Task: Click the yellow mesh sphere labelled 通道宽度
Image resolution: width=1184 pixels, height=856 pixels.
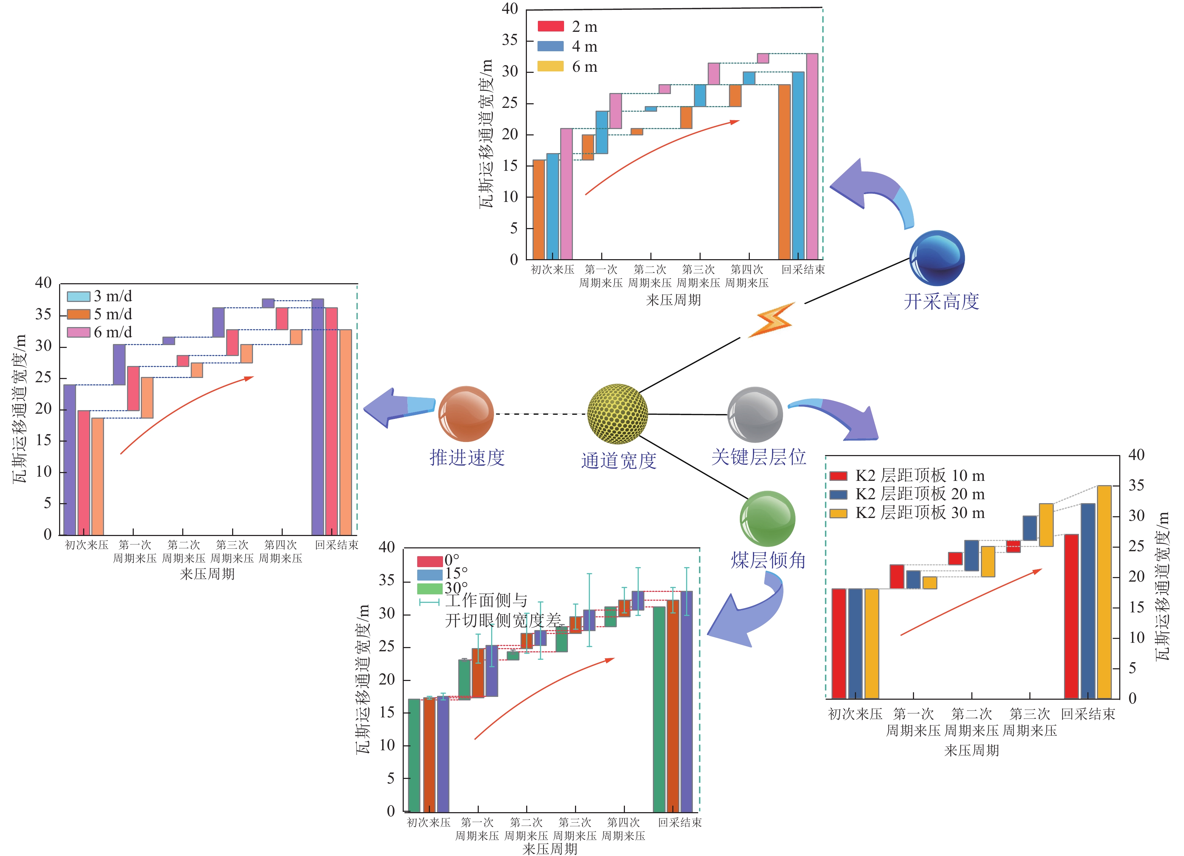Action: click(x=617, y=414)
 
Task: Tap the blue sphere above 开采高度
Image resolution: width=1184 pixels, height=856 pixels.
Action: click(x=937, y=258)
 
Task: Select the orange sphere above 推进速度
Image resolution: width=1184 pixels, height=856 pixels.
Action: click(x=466, y=414)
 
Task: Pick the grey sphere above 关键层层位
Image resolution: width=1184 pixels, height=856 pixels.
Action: click(x=755, y=415)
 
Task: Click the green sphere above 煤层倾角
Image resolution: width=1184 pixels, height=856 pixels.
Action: click(x=768, y=518)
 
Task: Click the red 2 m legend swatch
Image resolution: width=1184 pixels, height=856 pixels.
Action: click(x=551, y=27)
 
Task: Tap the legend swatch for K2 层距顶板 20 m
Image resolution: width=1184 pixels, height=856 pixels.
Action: click(x=838, y=494)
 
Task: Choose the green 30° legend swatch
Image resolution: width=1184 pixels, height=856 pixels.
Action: click(x=430, y=588)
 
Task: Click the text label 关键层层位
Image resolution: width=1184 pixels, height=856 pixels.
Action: click(x=759, y=457)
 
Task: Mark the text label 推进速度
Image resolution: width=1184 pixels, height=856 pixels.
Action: click(x=467, y=458)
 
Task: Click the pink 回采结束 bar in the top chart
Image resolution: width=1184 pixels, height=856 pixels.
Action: click(x=812, y=157)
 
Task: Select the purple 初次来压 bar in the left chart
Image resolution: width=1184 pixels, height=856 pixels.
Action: click(x=69, y=459)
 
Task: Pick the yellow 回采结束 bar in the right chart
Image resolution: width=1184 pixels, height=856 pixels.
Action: click(x=1104, y=592)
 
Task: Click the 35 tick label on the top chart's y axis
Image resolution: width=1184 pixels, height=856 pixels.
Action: click(x=510, y=40)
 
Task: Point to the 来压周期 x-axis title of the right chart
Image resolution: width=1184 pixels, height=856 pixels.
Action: click(x=972, y=750)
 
